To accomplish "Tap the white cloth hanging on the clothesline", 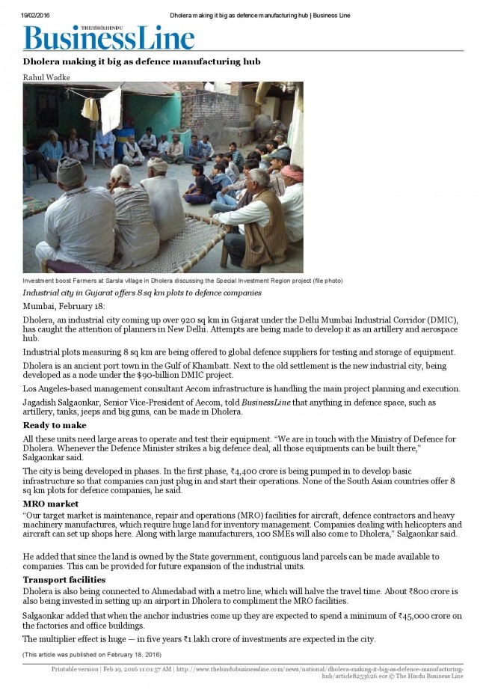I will tap(111, 109).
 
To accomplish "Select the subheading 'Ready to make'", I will tap(54, 425).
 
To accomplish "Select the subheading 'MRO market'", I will tap(50, 504).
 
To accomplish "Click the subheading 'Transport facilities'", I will tap(64, 579).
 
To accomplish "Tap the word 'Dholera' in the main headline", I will tap(47, 61).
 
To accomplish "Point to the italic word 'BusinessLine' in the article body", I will tap(271, 403).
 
